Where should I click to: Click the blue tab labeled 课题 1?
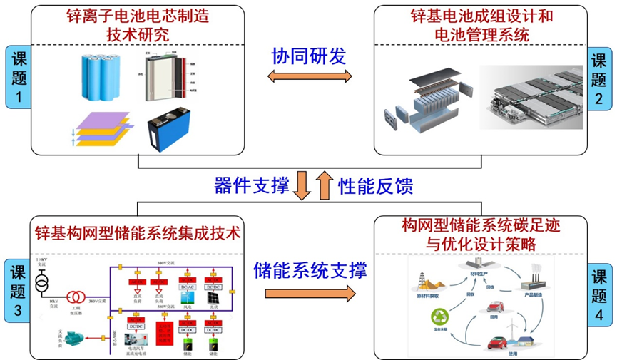point(18,78)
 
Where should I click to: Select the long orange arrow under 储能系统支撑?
point(310,293)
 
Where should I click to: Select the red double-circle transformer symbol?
point(73,297)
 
